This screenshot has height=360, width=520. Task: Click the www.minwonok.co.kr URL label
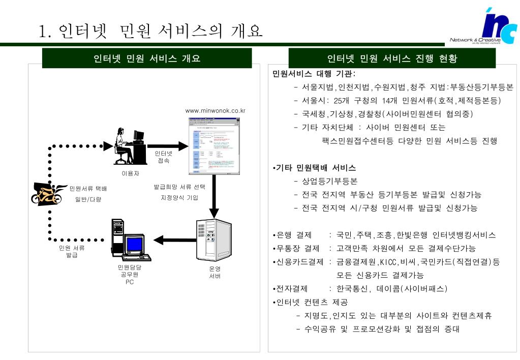click(216, 110)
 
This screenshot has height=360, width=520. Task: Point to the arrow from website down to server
click(213, 196)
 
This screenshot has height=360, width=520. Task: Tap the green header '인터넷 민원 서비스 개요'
click(147, 58)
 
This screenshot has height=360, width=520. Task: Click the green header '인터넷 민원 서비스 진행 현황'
click(392, 58)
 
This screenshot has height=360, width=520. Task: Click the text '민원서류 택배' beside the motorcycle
click(88, 189)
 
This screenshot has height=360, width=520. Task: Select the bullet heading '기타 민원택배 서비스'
click(315, 168)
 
